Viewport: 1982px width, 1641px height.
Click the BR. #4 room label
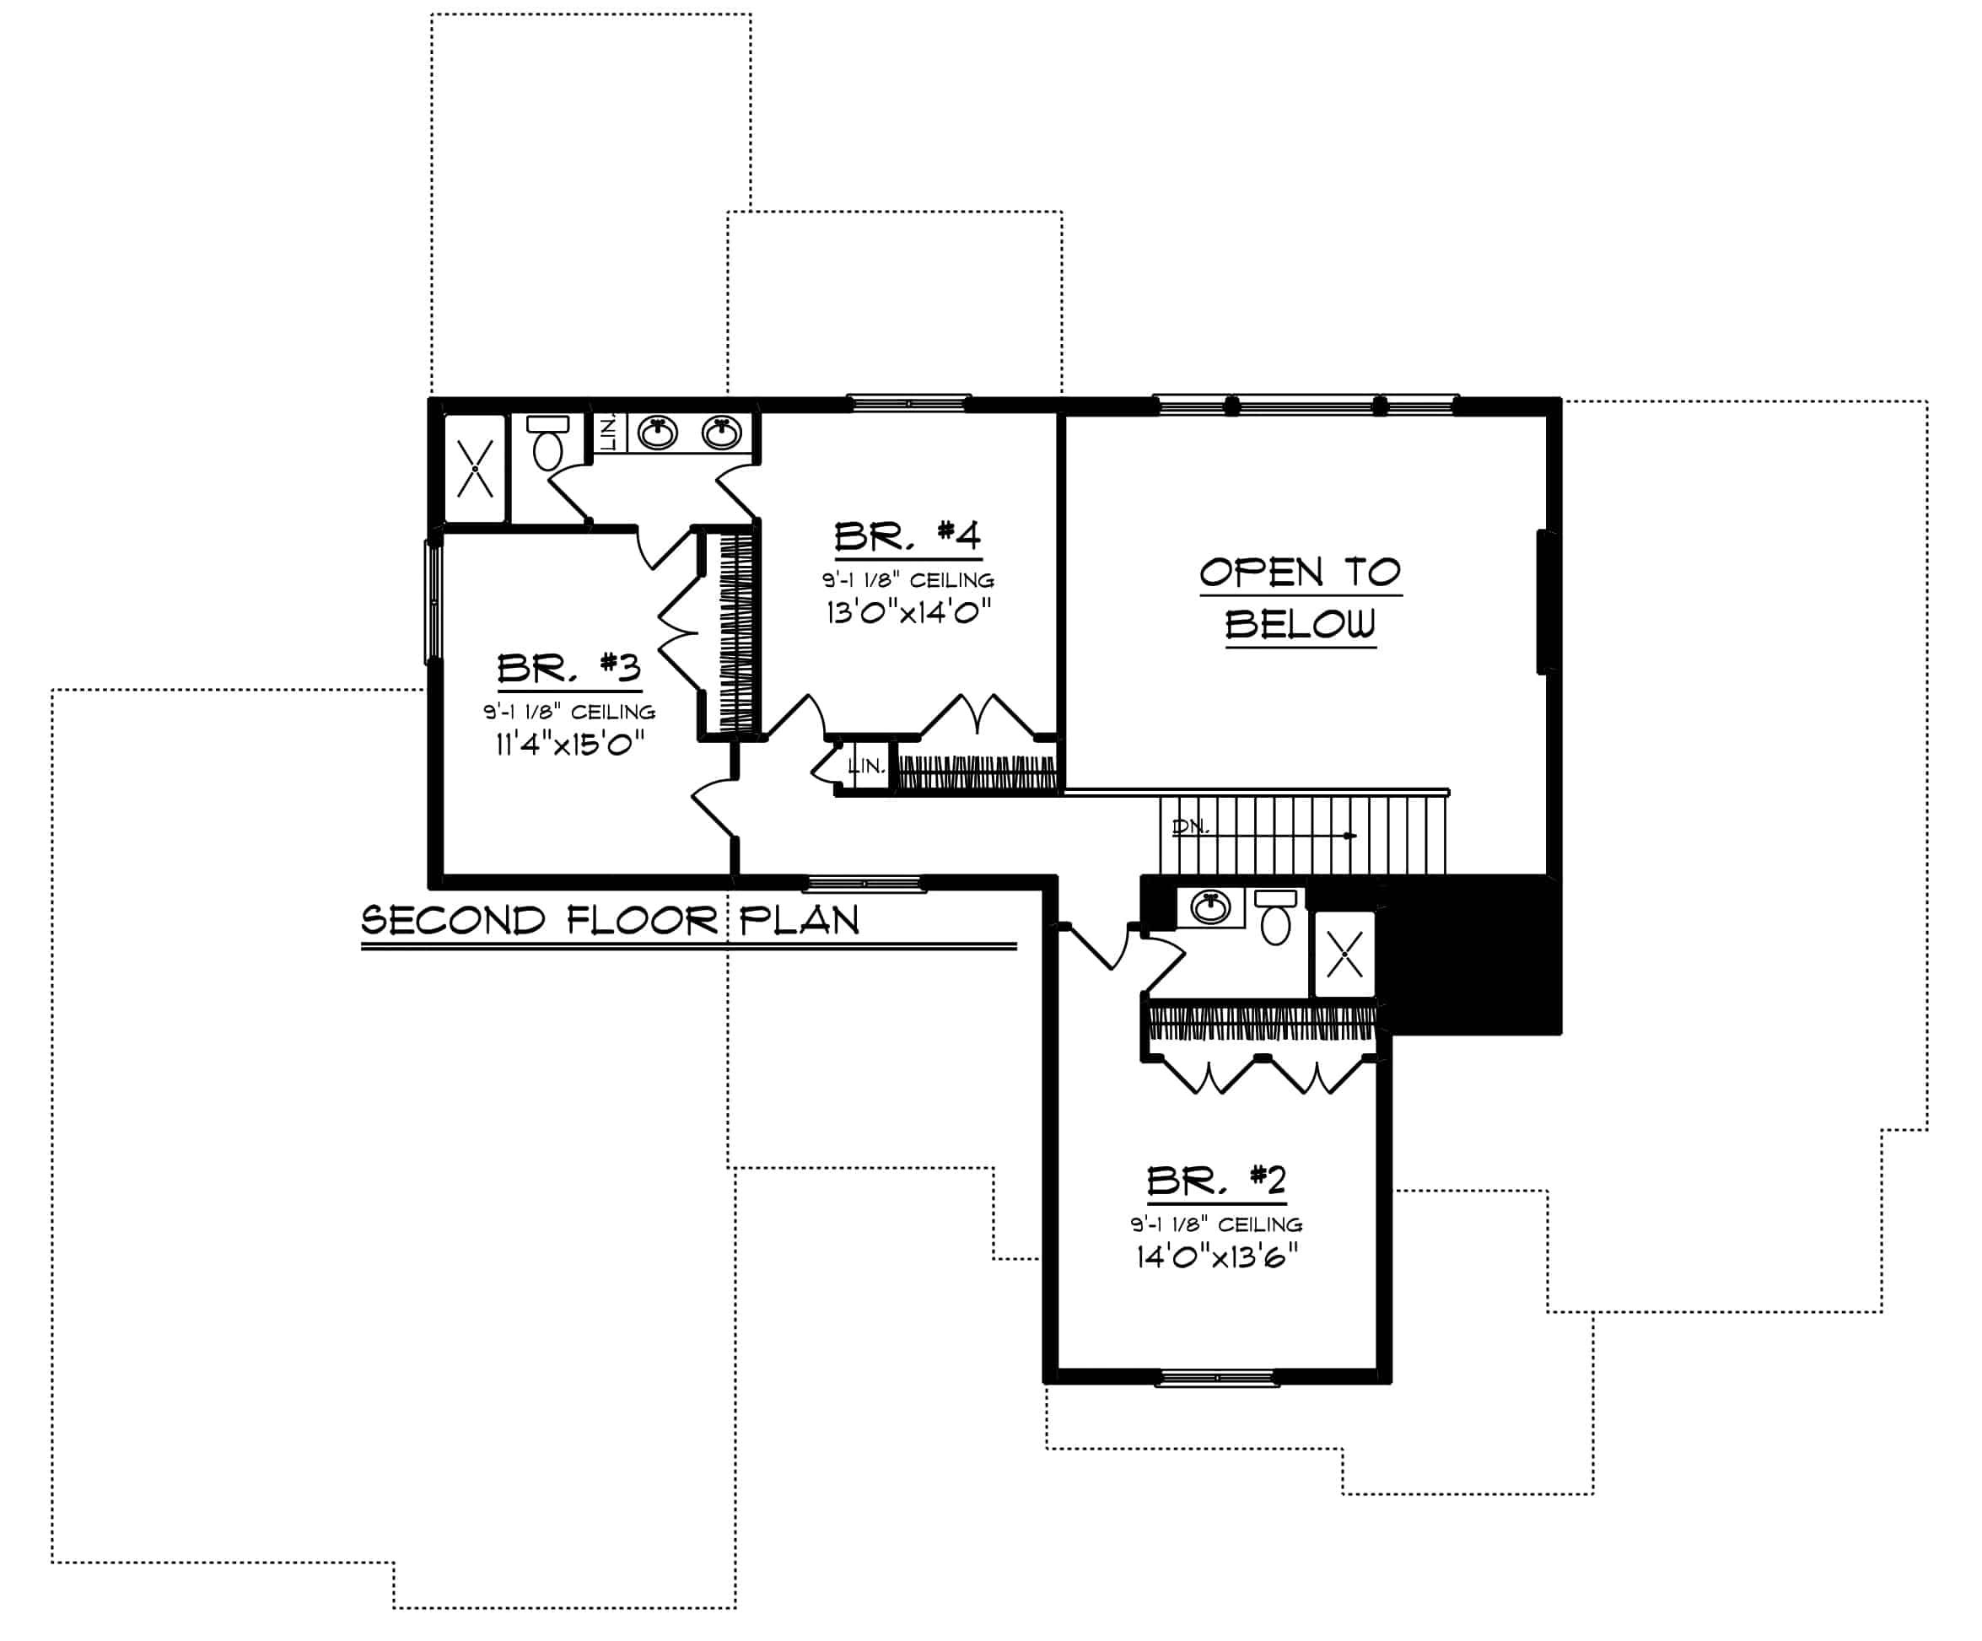(x=908, y=537)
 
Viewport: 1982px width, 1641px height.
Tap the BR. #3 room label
(x=569, y=668)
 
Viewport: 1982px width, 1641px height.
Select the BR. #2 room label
(x=1216, y=1181)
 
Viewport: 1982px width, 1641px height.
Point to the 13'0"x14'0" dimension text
(x=908, y=613)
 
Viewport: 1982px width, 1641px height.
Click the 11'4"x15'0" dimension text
(x=570, y=745)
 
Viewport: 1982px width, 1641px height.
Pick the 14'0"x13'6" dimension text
(x=1216, y=1257)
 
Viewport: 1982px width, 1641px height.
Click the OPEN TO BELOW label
(x=1300, y=598)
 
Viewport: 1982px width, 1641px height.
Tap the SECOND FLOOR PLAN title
(x=611, y=920)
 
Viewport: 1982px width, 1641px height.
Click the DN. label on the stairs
(x=1190, y=826)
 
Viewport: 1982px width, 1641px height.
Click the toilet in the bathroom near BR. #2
(x=1276, y=918)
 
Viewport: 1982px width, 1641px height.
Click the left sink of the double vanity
(x=657, y=433)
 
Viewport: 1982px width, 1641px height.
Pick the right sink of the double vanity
(x=722, y=433)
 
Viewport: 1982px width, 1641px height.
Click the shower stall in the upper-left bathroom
(x=475, y=468)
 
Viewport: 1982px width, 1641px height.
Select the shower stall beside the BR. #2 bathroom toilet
(x=1345, y=954)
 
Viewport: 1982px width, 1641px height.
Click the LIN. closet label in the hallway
(x=866, y=767)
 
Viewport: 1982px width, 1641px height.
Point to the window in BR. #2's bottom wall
(x=1216, y=1379)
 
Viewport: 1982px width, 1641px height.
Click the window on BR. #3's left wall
(x=434, y=600)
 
